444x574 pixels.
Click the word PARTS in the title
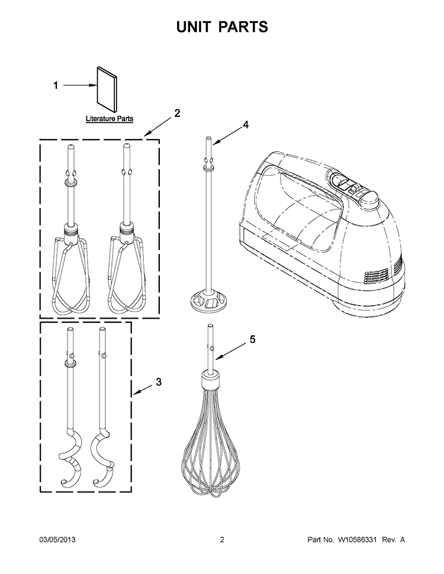(244, 27)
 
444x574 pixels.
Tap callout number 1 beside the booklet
(56, 86)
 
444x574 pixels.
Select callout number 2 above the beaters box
(177, 113)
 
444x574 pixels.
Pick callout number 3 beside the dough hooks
(159, 382)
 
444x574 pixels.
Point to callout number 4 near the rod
(245, 125)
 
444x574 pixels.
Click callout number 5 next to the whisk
(253, 339)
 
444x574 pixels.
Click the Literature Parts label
(110, 119)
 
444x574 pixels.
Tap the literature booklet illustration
(107, 89)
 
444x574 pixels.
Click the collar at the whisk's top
(210, 380)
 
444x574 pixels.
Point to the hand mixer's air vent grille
(377, 275)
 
